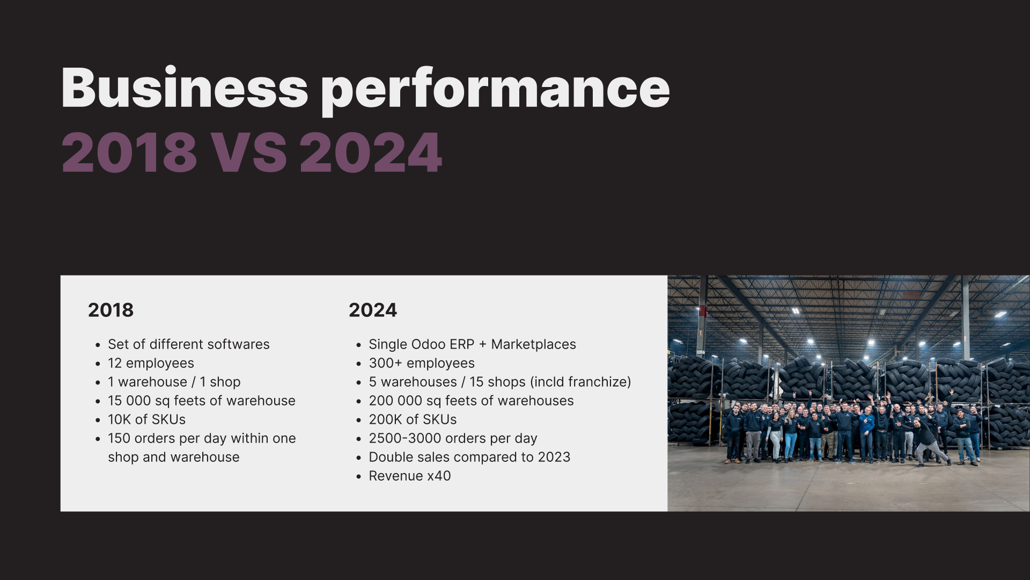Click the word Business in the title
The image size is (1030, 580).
point(185,88)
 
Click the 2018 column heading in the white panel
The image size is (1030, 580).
point(111,310)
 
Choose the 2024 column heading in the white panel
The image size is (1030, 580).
point(373,310)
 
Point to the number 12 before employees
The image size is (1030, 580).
point(115,363)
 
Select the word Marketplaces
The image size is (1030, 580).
point(533,344)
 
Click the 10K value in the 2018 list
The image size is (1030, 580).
point(120,419)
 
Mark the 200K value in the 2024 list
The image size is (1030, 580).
point(385,419)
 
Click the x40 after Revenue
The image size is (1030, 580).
point(439,476)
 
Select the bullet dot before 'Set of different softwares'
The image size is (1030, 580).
point(98,345)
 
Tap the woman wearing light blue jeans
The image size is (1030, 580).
point(790,435)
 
